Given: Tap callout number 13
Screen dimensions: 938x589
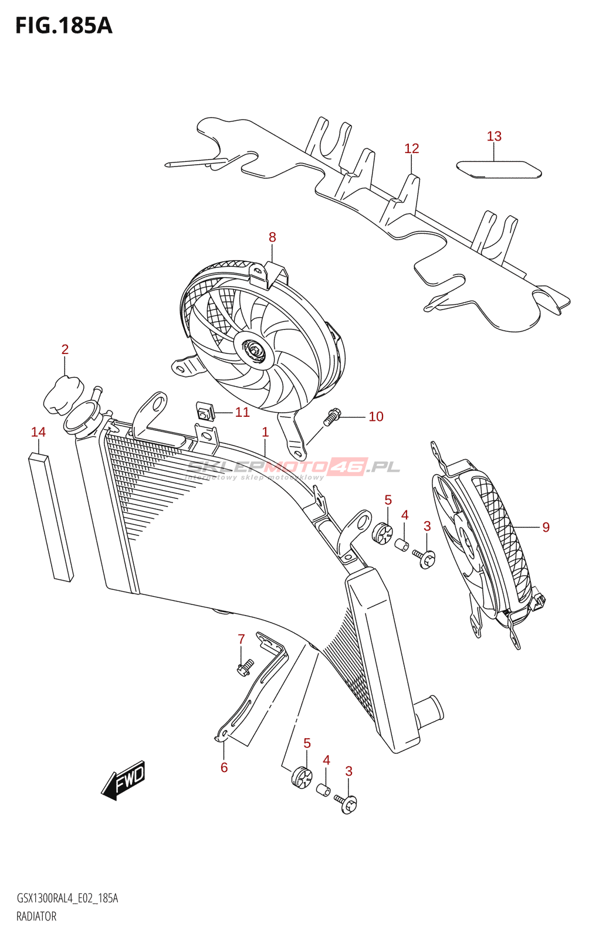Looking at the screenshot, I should tap(494, 137).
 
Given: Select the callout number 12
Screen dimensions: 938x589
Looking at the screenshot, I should tap(411, 149).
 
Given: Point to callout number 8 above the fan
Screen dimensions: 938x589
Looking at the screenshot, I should tap(272, 237).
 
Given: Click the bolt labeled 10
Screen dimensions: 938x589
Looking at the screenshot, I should tap(331, 417).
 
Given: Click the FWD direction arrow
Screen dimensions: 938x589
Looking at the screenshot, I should tap(124, 780).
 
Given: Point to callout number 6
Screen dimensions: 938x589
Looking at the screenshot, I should tap(224, 767).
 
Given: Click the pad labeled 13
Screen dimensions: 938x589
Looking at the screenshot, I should tap(499, 169).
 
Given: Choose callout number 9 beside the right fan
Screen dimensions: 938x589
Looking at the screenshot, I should tap(546, 528).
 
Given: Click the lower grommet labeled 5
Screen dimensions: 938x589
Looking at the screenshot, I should tap(302, 777).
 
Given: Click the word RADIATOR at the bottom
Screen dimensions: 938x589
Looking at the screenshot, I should tap(36, 916).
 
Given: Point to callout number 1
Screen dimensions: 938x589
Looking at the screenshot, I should tap(265, 433).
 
